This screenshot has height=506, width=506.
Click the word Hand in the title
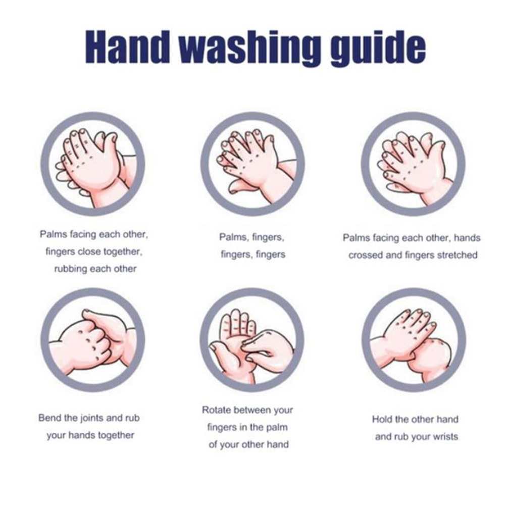point(127,47)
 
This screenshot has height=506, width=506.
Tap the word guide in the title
point(378,49)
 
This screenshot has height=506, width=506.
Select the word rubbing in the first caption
point(70,269)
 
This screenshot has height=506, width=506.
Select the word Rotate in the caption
point(216,410)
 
